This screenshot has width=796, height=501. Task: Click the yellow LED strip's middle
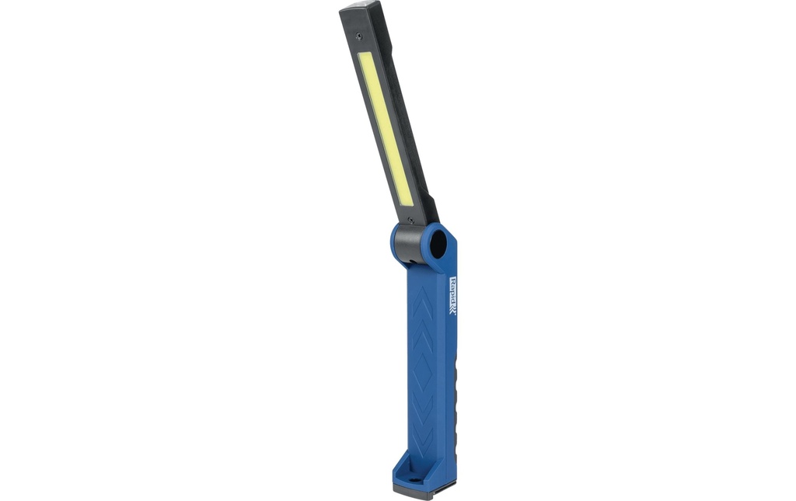pyautogui.click(x=386, y=129)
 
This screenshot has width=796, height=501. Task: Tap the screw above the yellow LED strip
pyautogui.click(x=359, y=35)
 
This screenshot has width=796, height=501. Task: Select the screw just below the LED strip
pyautogui.click(x=410, y=220)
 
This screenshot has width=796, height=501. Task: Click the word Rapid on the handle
pyautogui.click(x=453, y=289)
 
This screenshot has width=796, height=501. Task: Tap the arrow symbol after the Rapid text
pyautogui.click(x=453, y=308)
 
